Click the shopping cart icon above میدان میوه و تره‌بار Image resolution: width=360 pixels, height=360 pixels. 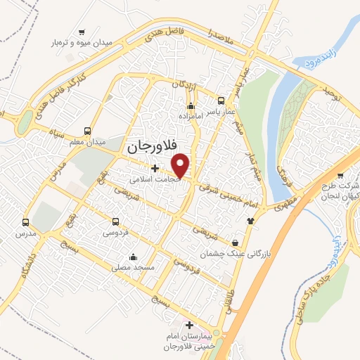82,32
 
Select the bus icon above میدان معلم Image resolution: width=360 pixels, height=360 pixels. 87,131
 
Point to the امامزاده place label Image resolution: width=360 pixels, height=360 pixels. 189,115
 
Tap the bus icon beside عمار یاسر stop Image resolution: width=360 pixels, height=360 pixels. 221,100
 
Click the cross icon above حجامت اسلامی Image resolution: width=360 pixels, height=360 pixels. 155,168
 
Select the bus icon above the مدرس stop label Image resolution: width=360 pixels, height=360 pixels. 26,220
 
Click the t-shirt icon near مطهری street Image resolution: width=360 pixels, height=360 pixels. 250,220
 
